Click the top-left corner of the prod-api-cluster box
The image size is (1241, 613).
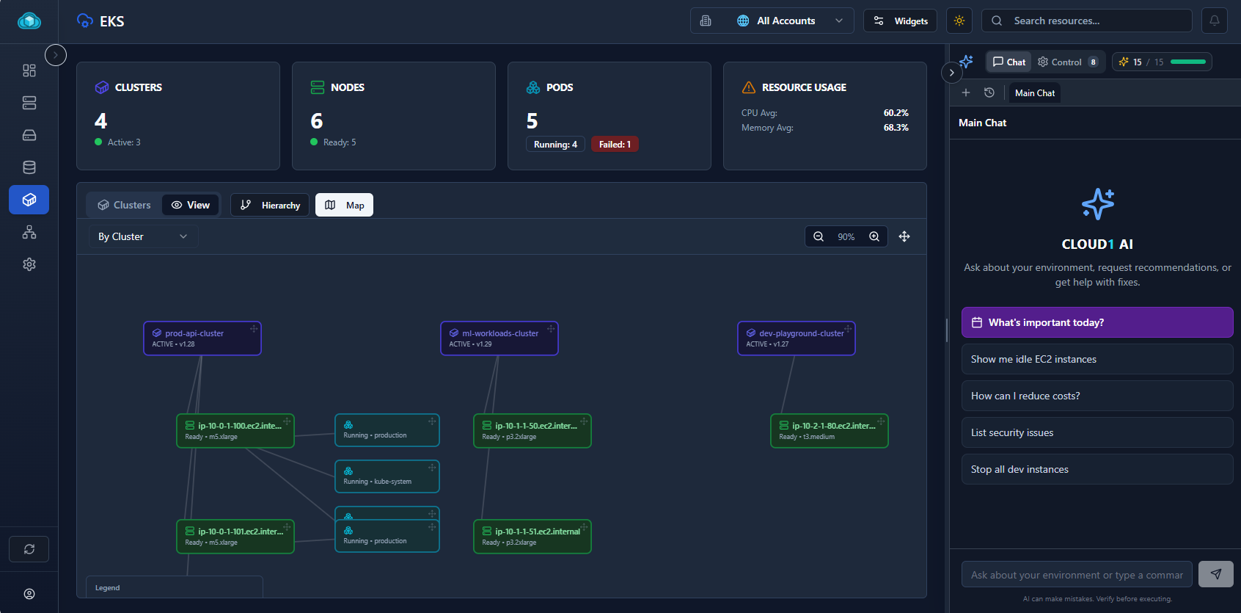pos(144,322)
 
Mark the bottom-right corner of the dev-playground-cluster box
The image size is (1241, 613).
pos(855,355)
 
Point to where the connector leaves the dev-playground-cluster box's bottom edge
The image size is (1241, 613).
pos(795,355)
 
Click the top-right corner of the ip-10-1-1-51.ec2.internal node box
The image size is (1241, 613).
pos(590,520)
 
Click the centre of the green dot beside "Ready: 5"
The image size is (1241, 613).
pos(314,142)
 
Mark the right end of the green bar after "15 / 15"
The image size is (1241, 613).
pos(1205,62)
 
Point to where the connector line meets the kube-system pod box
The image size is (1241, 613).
pos(334,476)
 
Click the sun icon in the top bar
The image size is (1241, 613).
pos(959,21)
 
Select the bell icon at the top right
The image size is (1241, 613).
pos(1215,21)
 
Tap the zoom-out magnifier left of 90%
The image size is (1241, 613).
pos(819,237)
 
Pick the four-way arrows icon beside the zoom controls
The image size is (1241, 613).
pos(904,237)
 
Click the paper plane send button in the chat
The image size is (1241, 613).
pos(1215,574)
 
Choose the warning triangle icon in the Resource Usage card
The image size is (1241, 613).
pos(748,87)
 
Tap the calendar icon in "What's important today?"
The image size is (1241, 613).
pos(977,322)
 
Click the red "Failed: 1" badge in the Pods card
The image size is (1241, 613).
pos(615,144)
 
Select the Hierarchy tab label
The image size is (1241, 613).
pos(281,206)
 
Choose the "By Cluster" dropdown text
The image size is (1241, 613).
pos(121,237)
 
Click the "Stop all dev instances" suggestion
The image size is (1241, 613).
pos(1097,469)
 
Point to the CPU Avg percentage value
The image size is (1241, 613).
pos(896,112)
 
